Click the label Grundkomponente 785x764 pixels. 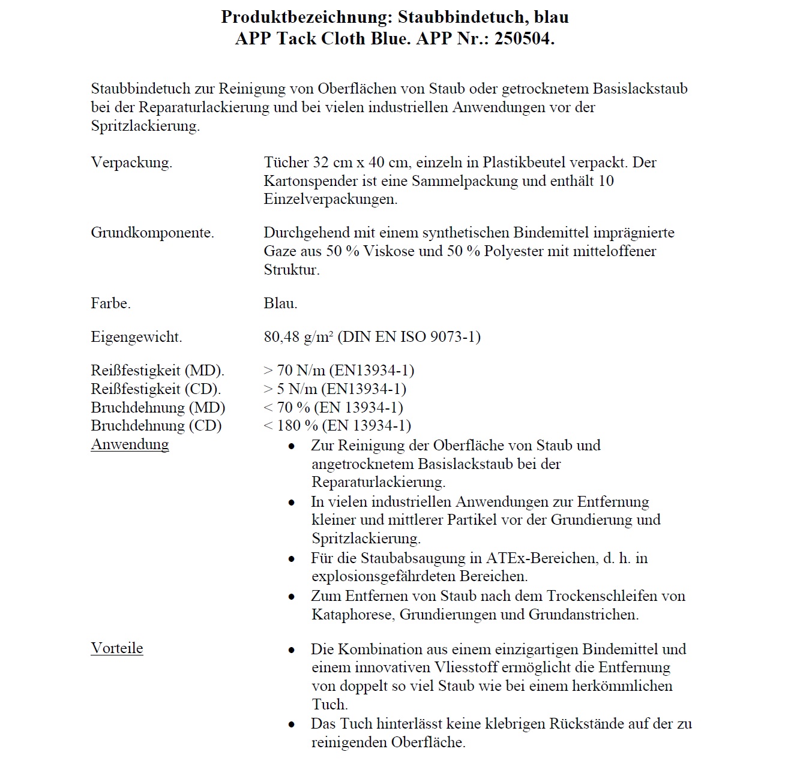coord(152,233)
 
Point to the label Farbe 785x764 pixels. coord(110,303)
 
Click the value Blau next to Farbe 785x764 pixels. coord(280,303)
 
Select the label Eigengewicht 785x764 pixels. coord(136,337)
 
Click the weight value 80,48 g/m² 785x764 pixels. coord(298,337)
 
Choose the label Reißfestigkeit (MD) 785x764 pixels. coord(157,371)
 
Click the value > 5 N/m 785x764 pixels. coord(290,389)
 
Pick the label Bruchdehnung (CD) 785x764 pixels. coord(156,426)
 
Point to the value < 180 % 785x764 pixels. coord(291,426)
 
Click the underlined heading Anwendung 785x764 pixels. coord(130,444)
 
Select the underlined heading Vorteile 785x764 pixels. coord(117,648)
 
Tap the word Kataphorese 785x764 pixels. coord(353,615)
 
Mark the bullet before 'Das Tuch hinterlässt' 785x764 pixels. coord(292,724)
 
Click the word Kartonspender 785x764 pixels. coord(313,181)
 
